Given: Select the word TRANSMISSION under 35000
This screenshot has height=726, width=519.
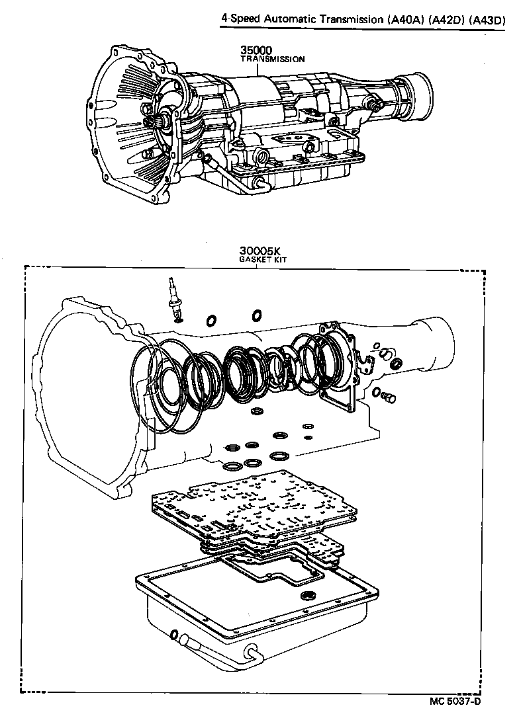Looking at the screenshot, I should (x=272, y=60).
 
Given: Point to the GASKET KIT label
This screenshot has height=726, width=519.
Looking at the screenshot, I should (x=261, y=260).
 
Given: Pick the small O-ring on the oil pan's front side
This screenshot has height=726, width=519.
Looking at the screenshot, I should (x=174, y=636).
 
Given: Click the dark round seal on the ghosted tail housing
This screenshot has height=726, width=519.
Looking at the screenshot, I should (x=397, y=364).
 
